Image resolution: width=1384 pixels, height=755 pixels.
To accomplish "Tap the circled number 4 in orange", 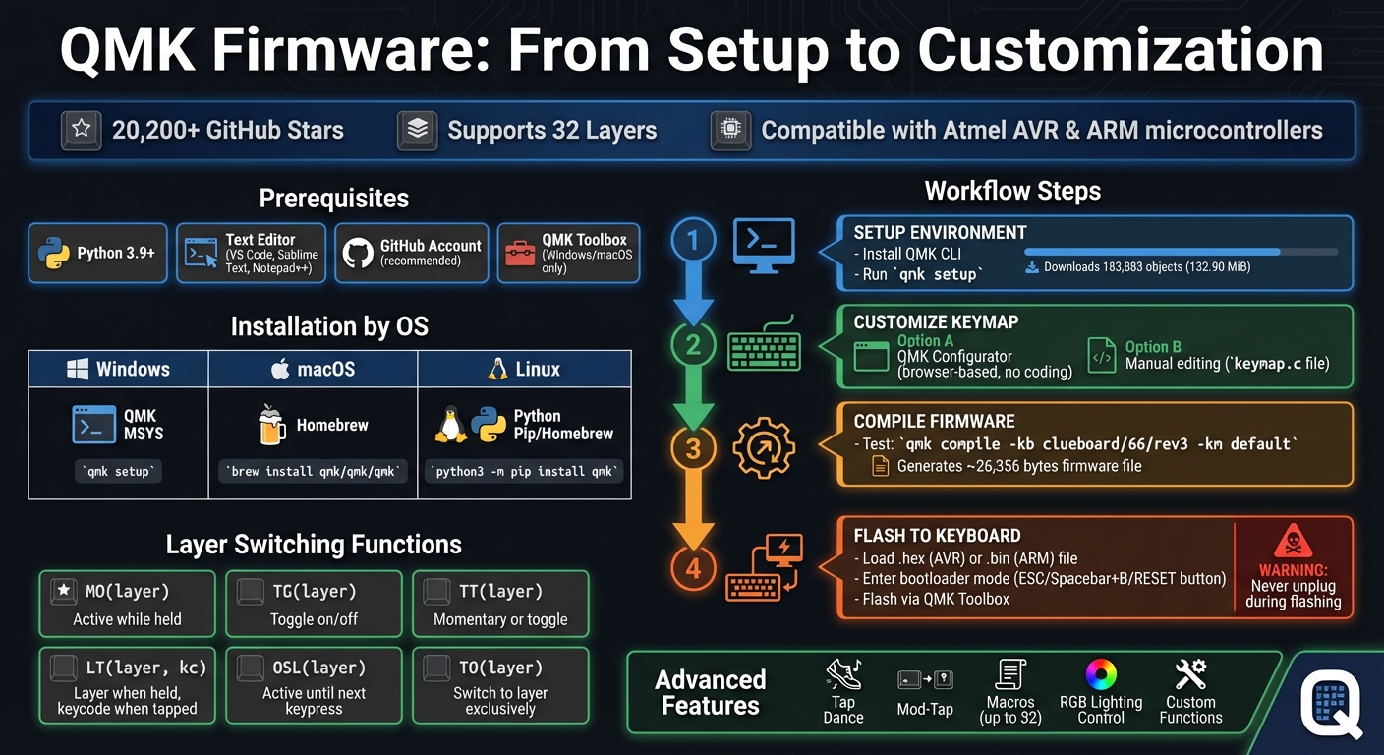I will coord(692,567).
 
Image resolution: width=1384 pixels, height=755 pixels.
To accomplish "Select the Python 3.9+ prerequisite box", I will coord(97,254).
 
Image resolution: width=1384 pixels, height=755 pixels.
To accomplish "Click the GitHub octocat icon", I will coord(359,253).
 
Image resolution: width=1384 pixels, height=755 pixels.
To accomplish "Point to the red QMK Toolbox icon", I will coord(520,253).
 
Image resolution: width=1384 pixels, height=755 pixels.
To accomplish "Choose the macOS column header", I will coord(313,370).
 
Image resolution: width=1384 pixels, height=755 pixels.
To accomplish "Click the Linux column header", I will coord(524,370).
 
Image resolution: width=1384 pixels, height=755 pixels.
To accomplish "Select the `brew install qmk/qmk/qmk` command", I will coord(313,471).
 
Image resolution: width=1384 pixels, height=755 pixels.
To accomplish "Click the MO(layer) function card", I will coord(127,604).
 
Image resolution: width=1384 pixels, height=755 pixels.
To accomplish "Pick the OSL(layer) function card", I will coord(314,685).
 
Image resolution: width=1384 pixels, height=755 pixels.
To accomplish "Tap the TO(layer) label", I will coord(500,668).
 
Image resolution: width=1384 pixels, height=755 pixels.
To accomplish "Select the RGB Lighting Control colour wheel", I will coord(1101,675).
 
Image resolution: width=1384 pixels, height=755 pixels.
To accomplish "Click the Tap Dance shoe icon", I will coord(843,674).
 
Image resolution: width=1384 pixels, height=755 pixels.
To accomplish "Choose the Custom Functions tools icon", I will coord(1190,674).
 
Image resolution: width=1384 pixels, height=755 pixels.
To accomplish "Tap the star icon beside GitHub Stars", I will coord(82,130).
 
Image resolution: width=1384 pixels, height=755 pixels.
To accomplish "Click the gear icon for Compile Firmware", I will coord(763,446).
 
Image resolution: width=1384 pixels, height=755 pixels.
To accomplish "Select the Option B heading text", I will coord(1153,347).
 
